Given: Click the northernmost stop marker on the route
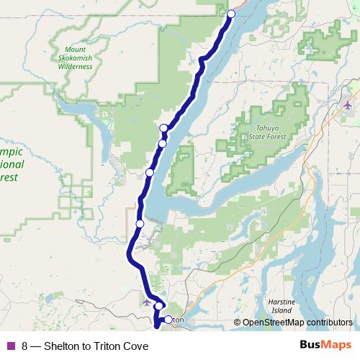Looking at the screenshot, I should [x=231, y=14].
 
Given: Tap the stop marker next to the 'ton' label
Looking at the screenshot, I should [x=168, y=320].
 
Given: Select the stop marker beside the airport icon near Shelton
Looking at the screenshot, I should [x=158, y=306].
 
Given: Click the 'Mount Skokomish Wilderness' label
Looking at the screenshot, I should [x=75, y=58].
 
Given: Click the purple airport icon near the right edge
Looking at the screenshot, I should [x=348, y=106].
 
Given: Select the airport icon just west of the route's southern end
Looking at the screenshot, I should [x=148, y=302].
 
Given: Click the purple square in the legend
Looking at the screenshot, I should [x=10, y=345].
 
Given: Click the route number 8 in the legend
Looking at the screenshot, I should [x=25, y=345].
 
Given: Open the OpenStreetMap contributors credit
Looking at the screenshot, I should [x=297, y=323].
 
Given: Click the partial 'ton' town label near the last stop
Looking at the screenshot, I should [x=179, y=320].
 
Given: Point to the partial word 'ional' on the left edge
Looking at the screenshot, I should [x=12, y=164].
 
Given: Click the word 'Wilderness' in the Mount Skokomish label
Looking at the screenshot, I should [x=75, y=66].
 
